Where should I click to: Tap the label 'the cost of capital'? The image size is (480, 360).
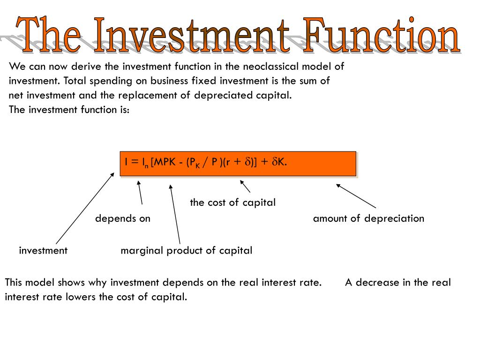point(232,202)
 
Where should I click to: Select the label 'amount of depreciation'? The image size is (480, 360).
point(368,218)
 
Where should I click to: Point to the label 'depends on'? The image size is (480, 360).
point(123,218)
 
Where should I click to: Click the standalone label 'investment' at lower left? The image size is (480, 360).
point(43,250)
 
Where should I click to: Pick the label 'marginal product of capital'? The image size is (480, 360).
point(186,250)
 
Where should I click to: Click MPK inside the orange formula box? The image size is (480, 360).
point(167,162)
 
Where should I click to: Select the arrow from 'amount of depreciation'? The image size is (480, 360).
point(356,196)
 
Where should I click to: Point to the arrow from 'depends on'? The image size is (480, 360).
point(140,193)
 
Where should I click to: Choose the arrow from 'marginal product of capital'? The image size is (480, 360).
point(175,214)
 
